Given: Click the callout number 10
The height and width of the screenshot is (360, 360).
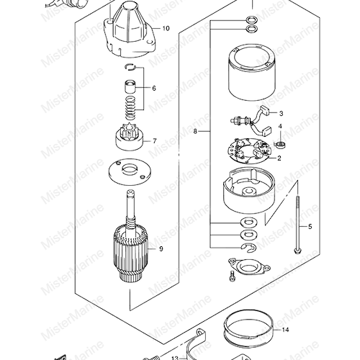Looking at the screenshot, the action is [x=166, y=29].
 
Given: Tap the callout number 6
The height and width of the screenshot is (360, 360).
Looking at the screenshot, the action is [x=154, y=89].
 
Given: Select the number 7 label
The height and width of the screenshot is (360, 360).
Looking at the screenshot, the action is [x=155, y=141].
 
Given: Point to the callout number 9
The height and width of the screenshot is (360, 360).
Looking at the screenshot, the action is [x=161, y=249].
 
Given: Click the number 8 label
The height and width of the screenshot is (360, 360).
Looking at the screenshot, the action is [x=195, y=132].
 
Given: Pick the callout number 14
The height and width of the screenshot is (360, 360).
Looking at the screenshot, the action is [x=285, y=330].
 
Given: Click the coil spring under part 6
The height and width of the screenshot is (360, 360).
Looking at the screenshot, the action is [x=131, y=107].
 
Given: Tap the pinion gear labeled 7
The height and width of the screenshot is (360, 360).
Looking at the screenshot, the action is [x=130, y=137].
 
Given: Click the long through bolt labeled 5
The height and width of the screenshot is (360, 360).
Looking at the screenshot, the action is [x=297, y=225].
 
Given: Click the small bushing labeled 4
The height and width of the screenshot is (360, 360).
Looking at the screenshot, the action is [x=280, y=145].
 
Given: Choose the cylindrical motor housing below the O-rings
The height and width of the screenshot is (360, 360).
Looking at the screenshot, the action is [x=251, y=72].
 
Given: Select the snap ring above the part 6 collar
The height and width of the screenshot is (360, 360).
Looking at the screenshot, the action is [x=131, y=67].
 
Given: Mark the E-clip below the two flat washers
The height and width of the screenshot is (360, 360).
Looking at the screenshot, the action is [x=248, y=248].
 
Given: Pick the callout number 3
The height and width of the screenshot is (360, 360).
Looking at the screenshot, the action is [x=281, y=113].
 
